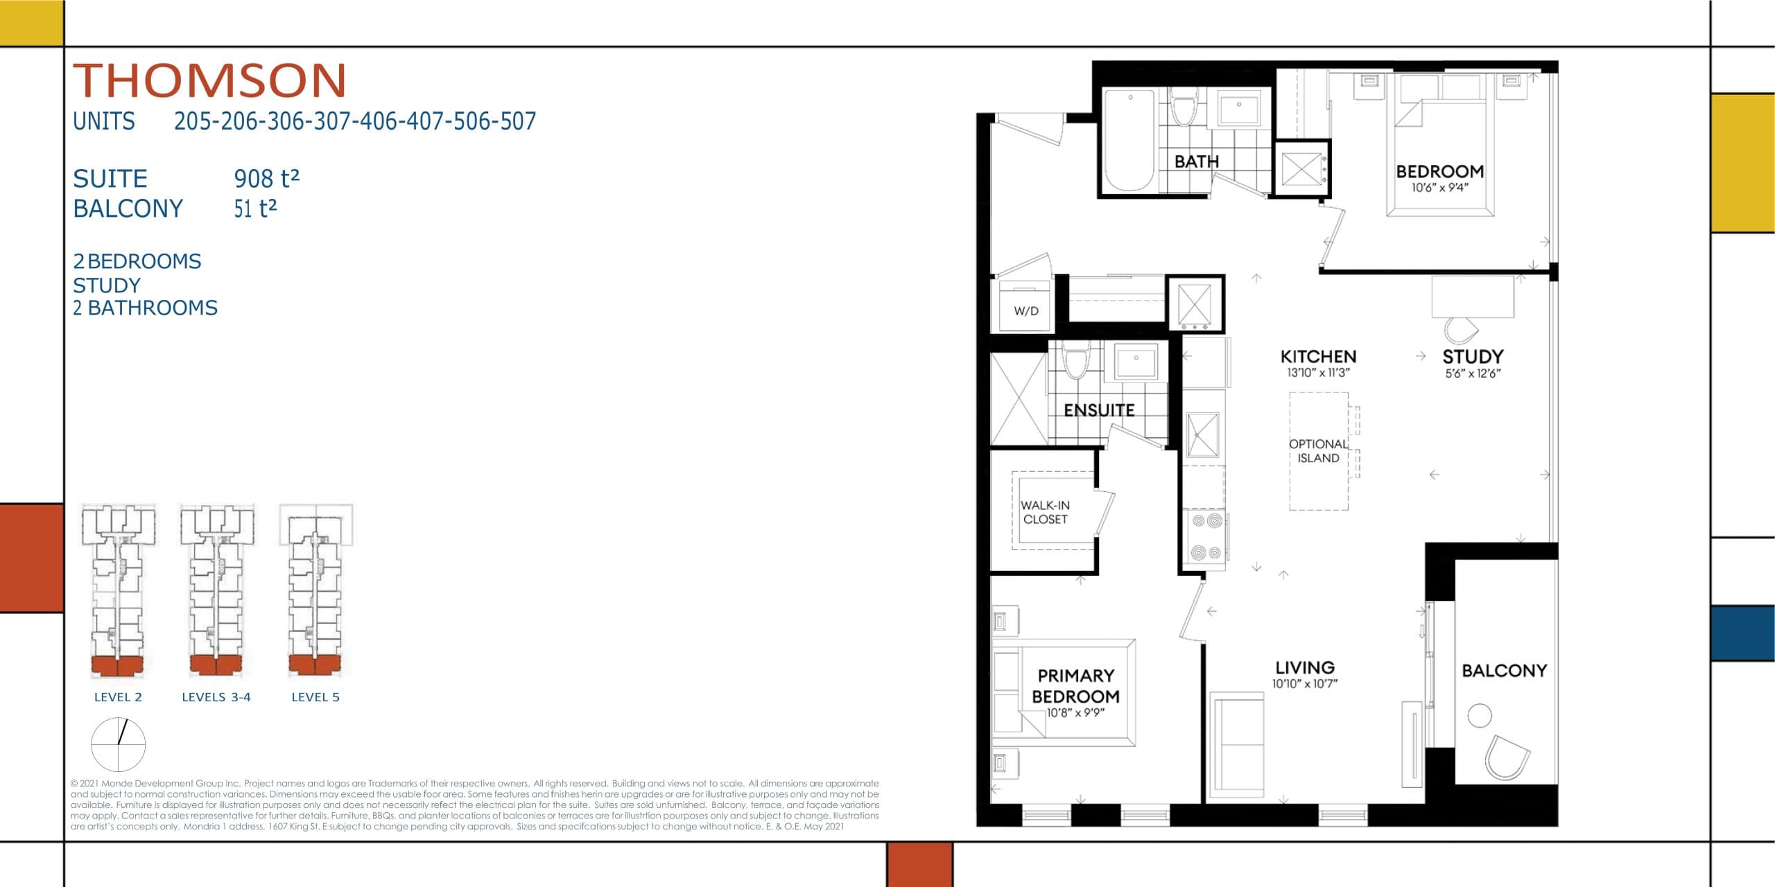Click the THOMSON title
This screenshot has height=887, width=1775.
click(209, 80)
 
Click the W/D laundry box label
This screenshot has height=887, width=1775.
click(1026, 311)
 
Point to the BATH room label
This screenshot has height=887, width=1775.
click(1196, 161)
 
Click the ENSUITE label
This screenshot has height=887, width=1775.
click(1099, 410)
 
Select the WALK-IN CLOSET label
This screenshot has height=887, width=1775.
click(1045, 512)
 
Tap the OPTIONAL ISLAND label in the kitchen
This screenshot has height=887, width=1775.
click(1318, 451)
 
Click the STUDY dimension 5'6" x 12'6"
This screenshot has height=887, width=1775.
click(1473, 374)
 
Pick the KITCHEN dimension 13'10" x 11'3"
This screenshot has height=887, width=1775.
click(1318, 373)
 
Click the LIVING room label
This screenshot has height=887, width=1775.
click(1305, 667)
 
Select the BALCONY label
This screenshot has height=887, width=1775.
click(1504, 671)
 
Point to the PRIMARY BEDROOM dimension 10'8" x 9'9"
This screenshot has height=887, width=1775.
click(1075, 712)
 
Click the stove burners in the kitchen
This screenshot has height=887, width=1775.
click(1206, 537)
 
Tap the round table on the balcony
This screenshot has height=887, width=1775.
click(1479, 715)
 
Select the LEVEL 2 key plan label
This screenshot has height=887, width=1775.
click(118, 697)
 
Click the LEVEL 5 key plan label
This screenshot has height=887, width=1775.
click(315, 697)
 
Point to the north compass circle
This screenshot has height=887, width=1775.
click(119, 745)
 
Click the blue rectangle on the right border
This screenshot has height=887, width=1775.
click(1742, 633)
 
